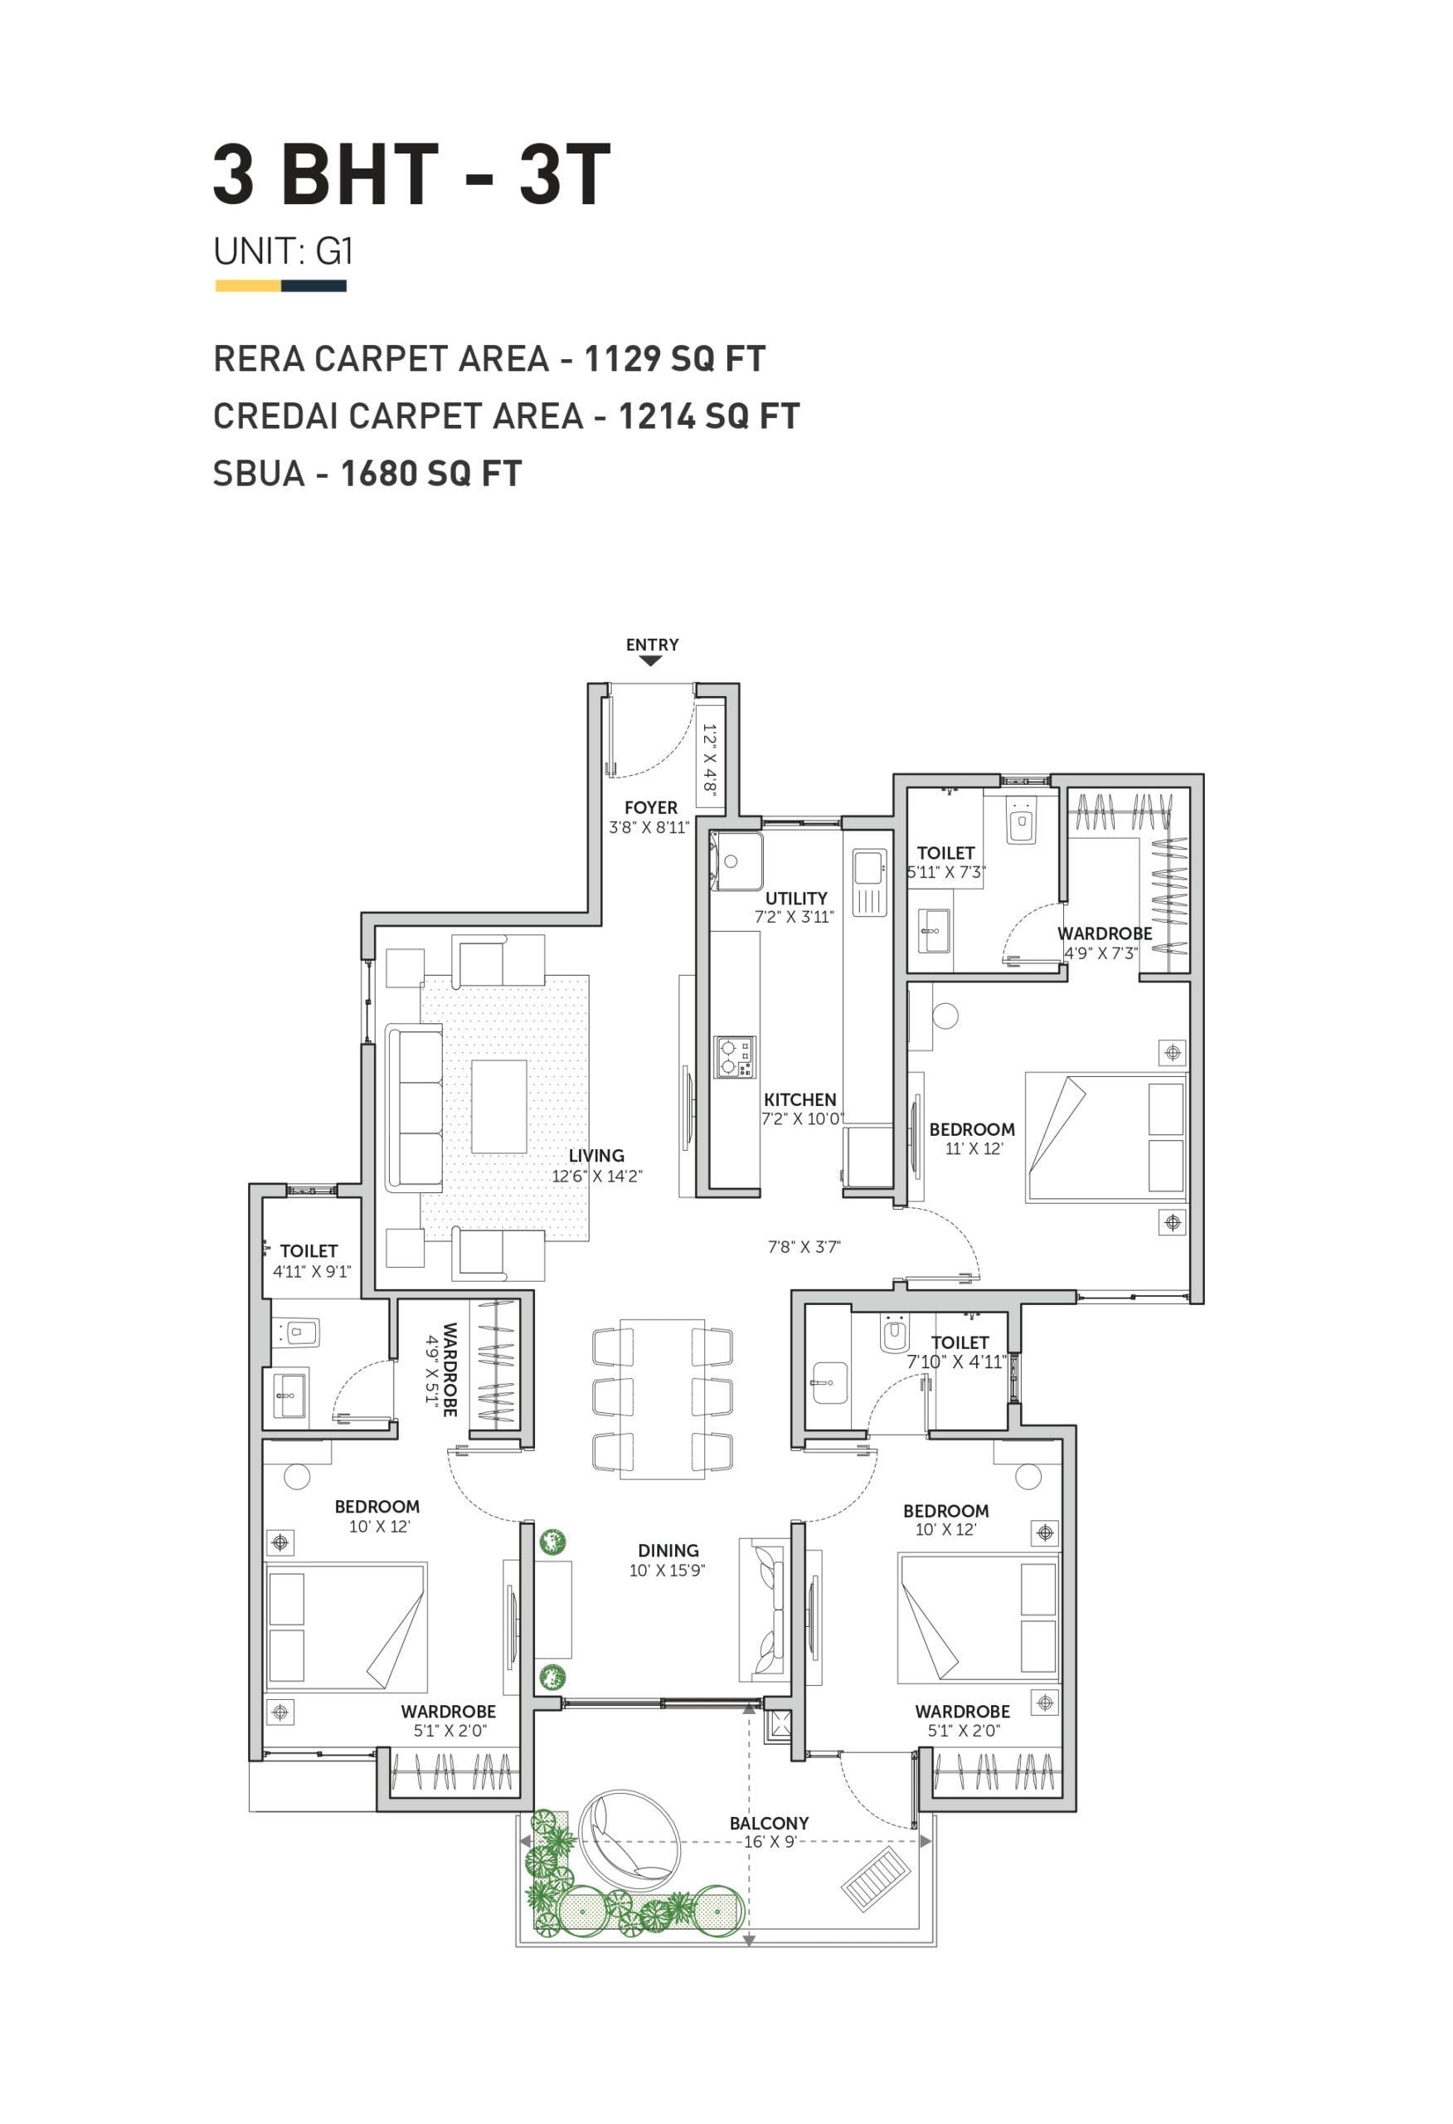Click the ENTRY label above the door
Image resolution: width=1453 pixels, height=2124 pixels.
pyautogui.click(x=652, y=645)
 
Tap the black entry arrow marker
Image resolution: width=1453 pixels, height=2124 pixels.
pyautogui.click(x=651, y=660)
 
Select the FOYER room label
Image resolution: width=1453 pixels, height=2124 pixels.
pyautogui.click(x=651, y=807)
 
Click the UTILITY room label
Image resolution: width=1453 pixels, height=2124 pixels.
pyautogui.click(x=796, y=899)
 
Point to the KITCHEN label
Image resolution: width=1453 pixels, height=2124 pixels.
pyautogui.click(x=799, y=1099)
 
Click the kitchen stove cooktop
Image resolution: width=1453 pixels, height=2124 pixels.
pyautogui.click(x=735, y=1057)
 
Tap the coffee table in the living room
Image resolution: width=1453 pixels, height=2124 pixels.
pyautogui.click(x=499, y=1107)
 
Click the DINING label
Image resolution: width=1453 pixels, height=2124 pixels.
pyautogui.click(x=668, y=1550)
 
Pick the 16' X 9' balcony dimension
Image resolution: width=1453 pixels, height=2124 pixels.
pyautogui.click(x=770, y=1842)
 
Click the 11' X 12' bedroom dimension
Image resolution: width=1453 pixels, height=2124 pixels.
pyautogui.click(x=974, y=1149)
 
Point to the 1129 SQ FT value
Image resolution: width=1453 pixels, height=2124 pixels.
pyautogui.click(x=674, y=358)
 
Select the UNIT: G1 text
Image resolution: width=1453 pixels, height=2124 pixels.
pyautogui.click(x=284, y=251)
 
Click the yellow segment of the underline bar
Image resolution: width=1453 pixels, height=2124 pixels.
pyautogui.click(x=248, y=286)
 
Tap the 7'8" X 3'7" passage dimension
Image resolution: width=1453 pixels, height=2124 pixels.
pyautogui.click(x=804, y=1247)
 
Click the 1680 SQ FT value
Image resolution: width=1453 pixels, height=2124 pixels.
pyautogui.click(x=431, y=474)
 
